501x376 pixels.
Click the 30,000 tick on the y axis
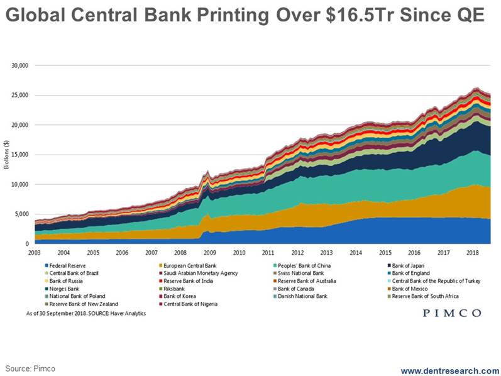point(19,65)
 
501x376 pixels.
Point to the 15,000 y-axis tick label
point(19,155)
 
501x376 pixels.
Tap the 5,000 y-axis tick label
point(21,214)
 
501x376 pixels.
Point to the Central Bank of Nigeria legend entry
point(191,304)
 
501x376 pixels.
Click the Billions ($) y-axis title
point(8,154)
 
